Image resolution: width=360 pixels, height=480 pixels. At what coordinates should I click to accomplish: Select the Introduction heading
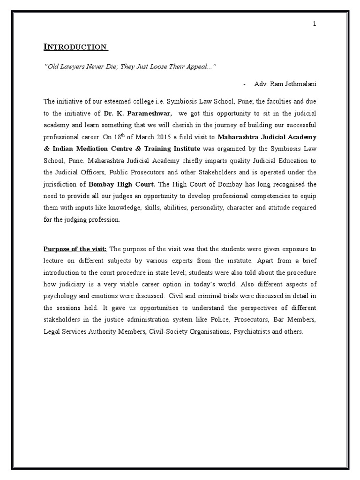tap(75, 47)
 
